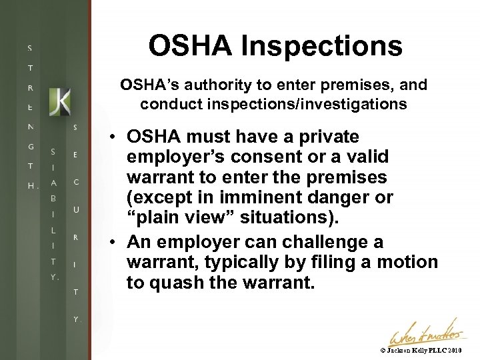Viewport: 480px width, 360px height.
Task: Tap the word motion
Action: coord(407,262)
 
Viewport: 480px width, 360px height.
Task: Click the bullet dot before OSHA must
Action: coord(115,137)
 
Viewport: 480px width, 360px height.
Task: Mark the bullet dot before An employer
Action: coord(115,241)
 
